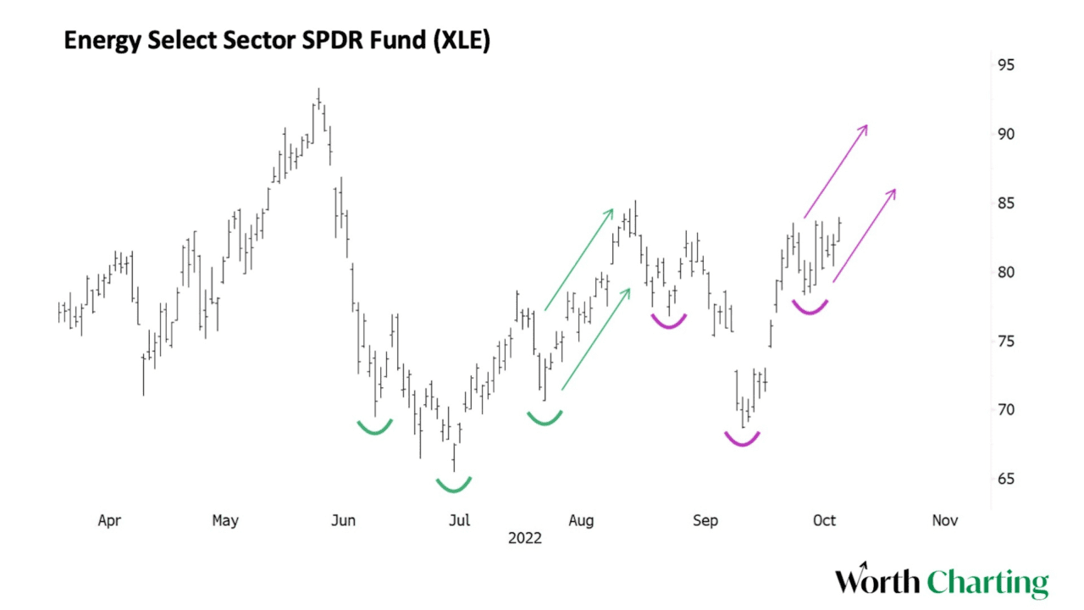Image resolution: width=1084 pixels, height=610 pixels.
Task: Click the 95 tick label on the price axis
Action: pyautogui.click(x=1005, y=65)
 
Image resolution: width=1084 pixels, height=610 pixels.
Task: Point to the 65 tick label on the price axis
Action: pyautogui.click(x=1005, y=479)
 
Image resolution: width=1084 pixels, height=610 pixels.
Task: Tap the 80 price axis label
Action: pyautogui.click(x=1005, y=272)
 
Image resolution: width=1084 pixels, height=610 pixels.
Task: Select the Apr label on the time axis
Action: pyautogui.click(x=109, y=520)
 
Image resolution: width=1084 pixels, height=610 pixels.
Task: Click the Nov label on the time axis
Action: pyautogui.click(x=944, y=520)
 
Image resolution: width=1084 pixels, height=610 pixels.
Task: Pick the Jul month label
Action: pyautogui.click(x=459, y=520)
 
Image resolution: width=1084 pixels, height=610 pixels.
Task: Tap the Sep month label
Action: pyautogui.click(x=705, y=520)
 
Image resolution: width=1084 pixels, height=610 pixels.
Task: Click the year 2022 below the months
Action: pyautogui.click(x=524, y=538)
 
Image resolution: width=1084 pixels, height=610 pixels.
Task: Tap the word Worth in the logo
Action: pyautogui.click(x=877, y=583)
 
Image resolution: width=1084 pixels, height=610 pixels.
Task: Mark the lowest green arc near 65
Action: pyautogui.click(x=454, y=486)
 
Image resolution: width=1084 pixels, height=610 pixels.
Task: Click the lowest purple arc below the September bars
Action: pyautogui.click(x=743, y=440)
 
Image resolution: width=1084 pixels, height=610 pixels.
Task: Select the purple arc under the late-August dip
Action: pyautogui.click(x=668, y=323)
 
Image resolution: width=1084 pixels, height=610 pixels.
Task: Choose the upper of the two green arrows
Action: pyautogui.click(x=578, y=258)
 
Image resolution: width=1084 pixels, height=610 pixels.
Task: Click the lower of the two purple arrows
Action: pyautogui.click(x=864, y=235)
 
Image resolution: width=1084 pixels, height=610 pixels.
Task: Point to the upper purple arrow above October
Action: pyautogui.click(x=836, y=171)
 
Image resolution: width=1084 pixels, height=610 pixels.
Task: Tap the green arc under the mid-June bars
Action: pyautogui.click(x=374, y=429)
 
